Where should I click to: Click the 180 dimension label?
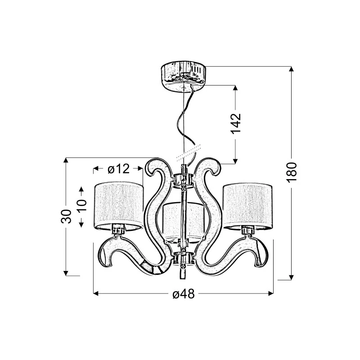tap(292, 172)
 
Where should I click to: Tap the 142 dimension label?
tap(235, 123)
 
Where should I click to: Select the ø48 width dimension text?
tap(184, 294)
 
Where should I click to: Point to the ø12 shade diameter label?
tap(119, 169)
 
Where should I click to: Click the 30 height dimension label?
tap(66, 216)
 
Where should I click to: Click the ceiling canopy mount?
tap(184, 76)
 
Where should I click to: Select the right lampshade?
tap(247, 205)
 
